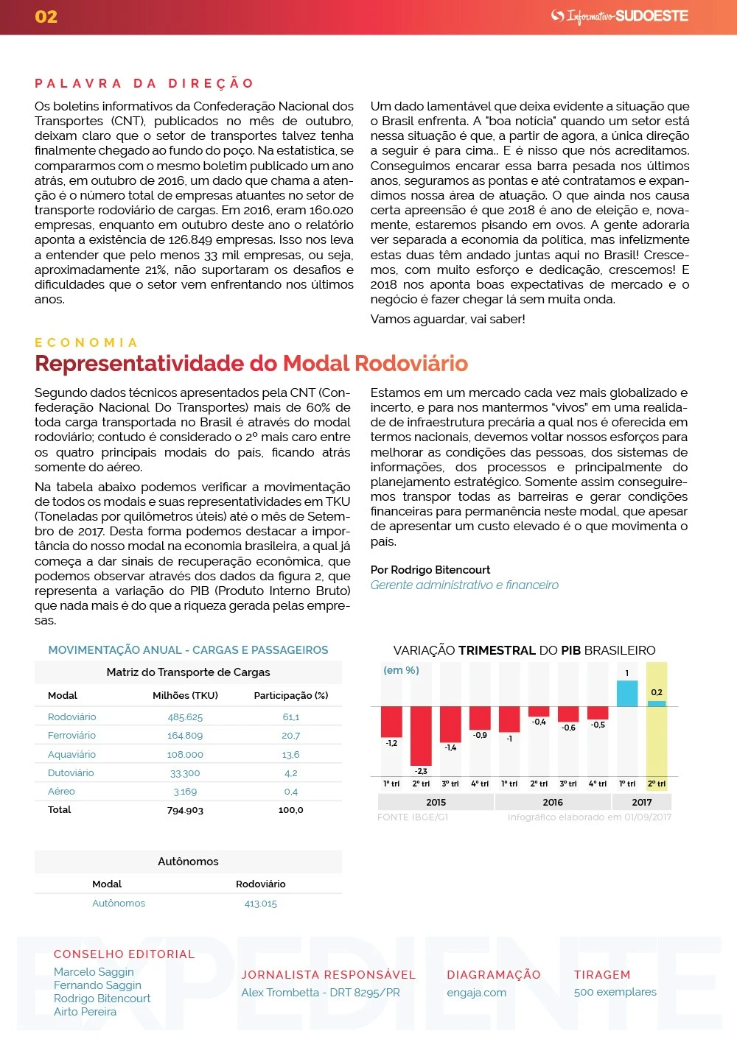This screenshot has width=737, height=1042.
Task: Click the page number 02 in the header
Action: click(x=46, y=17)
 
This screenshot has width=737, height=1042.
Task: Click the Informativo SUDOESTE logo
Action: click(x=620, y=16)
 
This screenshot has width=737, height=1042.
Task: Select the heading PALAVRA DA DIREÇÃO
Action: click(x=144, y=83)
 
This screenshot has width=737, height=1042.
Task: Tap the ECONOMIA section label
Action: click(x=86, y=342)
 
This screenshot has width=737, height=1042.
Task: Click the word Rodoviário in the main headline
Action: click(x=411, y=364)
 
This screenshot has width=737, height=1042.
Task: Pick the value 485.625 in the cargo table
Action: click(x=185, y=717)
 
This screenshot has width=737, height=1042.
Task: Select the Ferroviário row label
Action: click(x=71, y=736)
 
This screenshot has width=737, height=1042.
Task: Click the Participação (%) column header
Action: click(x=290, y=696)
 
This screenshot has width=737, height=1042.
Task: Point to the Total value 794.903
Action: click(x=185, y=810)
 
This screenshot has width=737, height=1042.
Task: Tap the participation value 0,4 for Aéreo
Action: click(x=290, y=792)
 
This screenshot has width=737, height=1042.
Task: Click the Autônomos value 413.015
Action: click(x=261, y=904)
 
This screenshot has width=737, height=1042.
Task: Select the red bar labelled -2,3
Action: click(x=421, y=735)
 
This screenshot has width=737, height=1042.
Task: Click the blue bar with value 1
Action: click(x=627, y=694)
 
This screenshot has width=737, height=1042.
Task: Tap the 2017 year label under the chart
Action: click(x=642, y=803)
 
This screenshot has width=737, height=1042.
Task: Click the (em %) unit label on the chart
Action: click(x=401, y=670)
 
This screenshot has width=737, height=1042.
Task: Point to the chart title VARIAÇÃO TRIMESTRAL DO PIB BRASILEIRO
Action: click(x=524, y=650)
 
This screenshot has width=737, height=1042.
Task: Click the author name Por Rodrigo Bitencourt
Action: click(x=430, y=570)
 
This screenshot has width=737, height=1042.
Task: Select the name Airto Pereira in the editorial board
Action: click(x=85, y=1012)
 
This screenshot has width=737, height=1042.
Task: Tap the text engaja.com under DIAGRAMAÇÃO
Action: click(x=476, y=993)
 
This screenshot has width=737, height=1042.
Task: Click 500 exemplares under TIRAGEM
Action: click(x=615, y=992)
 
